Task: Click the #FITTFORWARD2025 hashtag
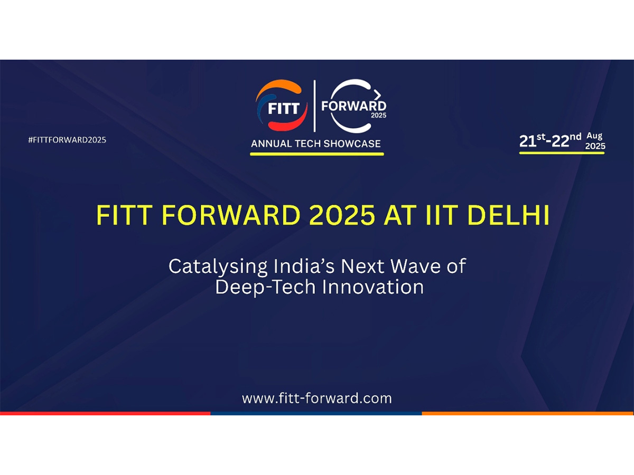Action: [67, 140]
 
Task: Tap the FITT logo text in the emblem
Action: [283, 109]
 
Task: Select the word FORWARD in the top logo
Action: [353, 106]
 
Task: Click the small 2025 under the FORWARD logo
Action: [378, 115]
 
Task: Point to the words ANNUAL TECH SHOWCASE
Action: [316, 144]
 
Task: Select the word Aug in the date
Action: [594, 136]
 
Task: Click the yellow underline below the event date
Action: [562, 153]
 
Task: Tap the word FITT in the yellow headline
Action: [123, 216]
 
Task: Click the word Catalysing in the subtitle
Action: [218, 266]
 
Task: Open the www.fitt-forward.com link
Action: [317, 397]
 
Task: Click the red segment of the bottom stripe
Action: [105, 413]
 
